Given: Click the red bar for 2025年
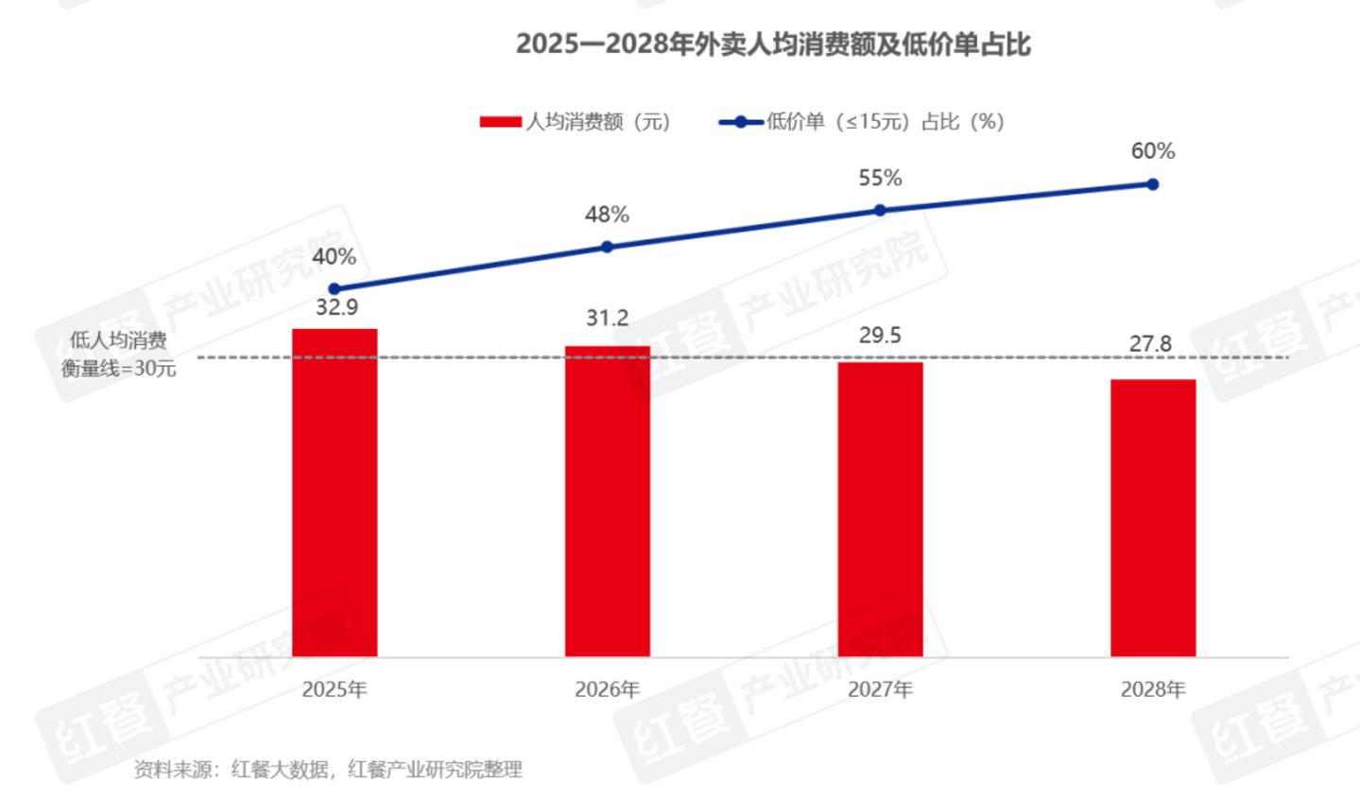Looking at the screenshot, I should pos(335,492).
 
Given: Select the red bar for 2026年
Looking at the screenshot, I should pos(607,501).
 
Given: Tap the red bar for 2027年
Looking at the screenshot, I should pos(880,509).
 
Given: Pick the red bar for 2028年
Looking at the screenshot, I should pos(1152,517).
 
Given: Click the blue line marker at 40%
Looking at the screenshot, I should pos(335,289).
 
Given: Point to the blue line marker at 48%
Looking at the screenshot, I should pos(607,247).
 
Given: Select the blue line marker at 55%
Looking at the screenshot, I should pos(880,210).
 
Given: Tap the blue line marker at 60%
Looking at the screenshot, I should pos(1152,184).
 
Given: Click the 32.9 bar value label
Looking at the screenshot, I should pos(336,307).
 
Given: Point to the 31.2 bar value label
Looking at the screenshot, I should pos(607,319).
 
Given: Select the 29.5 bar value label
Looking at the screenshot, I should pos(880,336).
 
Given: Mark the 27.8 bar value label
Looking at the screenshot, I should pos(1150,344).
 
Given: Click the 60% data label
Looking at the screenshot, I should pos(1153,151).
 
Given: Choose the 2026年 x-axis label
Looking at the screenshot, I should pos(607,690).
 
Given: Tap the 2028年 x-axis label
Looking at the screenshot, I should pos(1152,690).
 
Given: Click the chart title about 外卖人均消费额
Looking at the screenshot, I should pos(772,44).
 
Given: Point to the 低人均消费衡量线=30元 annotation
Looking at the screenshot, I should pos(119,355).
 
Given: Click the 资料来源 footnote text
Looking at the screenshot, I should pos(328,770).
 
